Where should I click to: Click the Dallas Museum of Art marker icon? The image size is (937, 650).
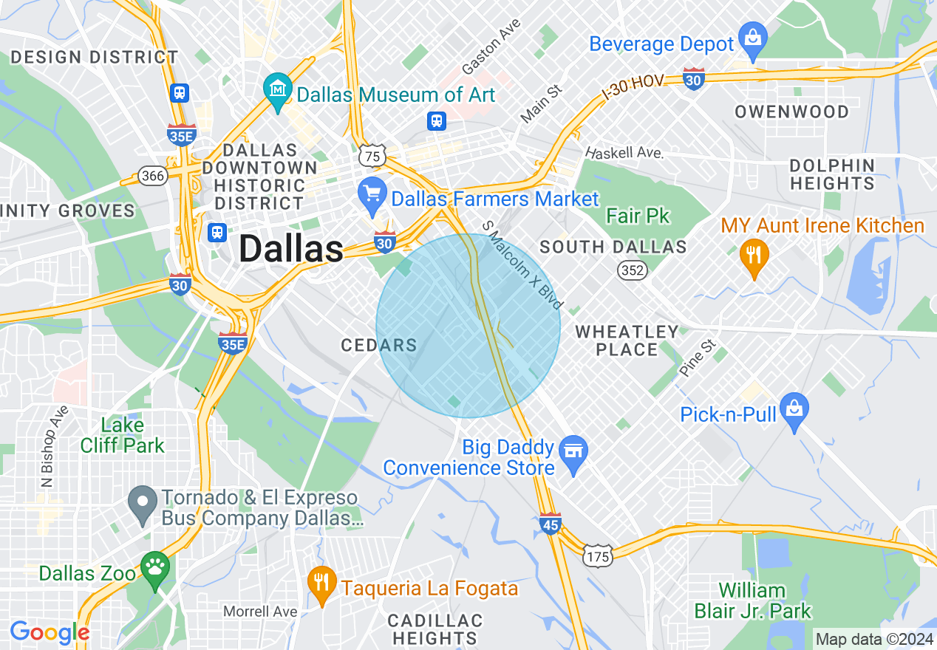(277, 92)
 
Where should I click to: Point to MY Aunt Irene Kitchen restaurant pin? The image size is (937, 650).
(754, 256)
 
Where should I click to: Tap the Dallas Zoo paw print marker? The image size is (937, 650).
(155, 569)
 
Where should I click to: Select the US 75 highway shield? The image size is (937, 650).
(371, 156)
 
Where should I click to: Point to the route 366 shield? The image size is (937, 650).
(153, 176)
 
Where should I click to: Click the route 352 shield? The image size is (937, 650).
(633, 270)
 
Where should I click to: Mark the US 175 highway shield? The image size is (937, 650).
(597, 555)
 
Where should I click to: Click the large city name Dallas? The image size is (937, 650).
(290, 249)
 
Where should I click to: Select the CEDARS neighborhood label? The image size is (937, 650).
(379, 345)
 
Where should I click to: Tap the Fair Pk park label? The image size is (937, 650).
(638, 216)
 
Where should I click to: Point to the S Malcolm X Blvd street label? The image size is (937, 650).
(523, 264)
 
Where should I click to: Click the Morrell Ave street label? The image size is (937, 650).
(261, 612)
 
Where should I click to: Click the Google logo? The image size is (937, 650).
(50, 632)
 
